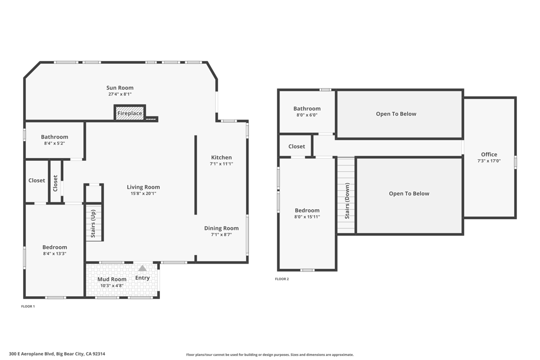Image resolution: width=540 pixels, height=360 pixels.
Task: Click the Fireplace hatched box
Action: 130,113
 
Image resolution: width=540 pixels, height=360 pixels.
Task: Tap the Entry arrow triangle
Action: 142,268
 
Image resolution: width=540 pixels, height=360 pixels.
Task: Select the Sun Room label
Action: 120,88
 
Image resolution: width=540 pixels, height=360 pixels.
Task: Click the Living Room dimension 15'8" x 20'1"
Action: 143,193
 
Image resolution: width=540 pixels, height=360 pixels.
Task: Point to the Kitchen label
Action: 221,157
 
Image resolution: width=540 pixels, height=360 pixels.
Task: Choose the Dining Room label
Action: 221,228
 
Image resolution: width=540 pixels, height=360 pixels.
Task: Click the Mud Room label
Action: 112,279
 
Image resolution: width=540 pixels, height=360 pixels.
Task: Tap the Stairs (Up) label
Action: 93,223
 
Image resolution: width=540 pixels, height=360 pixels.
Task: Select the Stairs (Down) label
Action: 347,201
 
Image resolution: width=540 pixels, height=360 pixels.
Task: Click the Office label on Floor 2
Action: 489,154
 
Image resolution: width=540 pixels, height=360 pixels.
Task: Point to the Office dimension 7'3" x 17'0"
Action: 489,161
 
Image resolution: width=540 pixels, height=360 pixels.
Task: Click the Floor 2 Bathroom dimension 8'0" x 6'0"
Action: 307,115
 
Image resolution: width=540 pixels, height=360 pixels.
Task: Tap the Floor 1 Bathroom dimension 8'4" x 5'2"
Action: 54,143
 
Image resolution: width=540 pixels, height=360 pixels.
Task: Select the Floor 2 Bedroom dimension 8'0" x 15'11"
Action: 307,217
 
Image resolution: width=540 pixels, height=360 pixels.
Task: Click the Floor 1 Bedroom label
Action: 55,247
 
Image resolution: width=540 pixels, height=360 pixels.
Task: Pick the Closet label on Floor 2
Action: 296,147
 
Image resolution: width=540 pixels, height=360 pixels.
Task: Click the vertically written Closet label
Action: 55,183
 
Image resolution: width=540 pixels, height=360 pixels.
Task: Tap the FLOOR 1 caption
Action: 28,306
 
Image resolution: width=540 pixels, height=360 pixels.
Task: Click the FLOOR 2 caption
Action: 282,279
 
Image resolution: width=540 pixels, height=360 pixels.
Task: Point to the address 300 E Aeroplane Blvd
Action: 32,354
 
